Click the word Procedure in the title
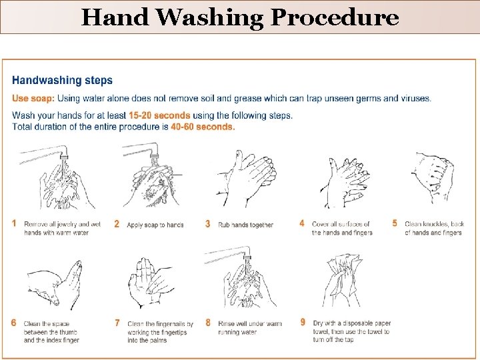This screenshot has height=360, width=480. [335, 17]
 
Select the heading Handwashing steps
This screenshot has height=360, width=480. [62, 80]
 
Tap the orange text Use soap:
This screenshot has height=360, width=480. [33, 98]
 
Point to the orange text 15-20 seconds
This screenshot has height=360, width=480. [159, 115]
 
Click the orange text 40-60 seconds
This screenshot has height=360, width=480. [203, 127]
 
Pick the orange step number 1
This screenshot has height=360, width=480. [14, 223]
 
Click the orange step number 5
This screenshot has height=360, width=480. [395, 223]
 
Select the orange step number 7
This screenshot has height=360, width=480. [117, 323]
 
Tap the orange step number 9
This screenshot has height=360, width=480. [303, 322]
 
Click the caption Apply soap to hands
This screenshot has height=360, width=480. [155, 225]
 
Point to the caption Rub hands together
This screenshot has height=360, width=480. [245, 225]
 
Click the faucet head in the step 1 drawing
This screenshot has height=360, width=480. [64, 157]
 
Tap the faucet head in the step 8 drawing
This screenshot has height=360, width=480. [247, 257]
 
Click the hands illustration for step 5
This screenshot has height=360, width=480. [433, 176]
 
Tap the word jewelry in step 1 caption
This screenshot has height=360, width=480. [67, 224]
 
